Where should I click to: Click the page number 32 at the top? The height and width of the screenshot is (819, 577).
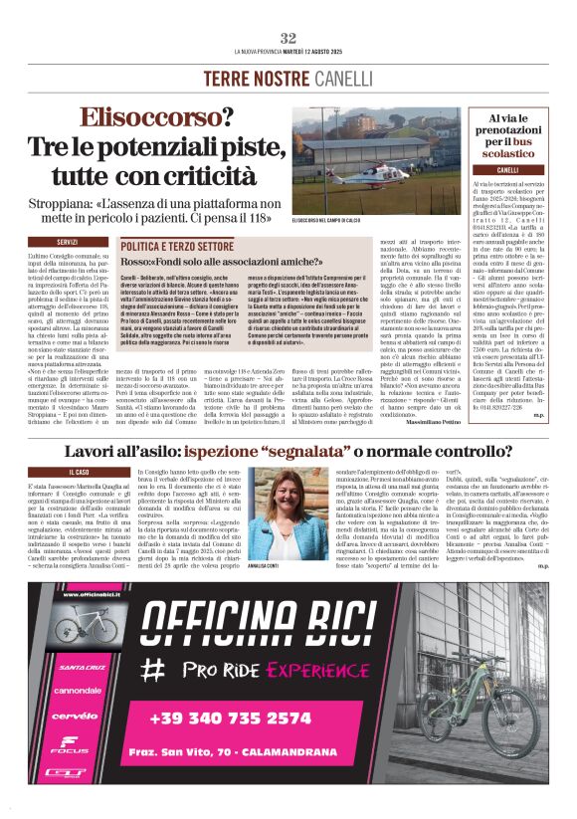click(x=288, y=37)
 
